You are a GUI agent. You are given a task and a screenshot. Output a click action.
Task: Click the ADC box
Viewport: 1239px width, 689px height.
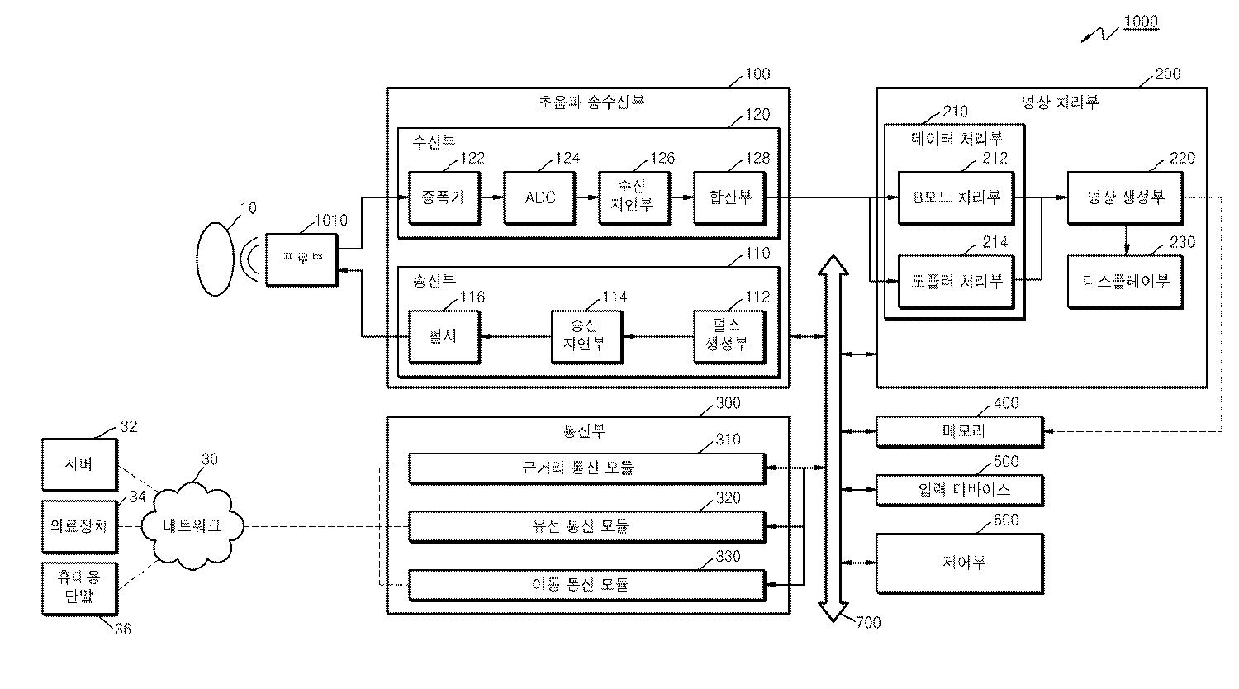pos(540,198)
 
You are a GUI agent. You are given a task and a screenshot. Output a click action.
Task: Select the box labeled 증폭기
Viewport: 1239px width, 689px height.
pos(444,198)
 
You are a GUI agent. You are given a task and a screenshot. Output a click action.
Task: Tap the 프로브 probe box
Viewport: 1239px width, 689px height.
pos(301,260)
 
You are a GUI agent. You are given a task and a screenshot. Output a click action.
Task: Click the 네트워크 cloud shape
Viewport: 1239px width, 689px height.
pos(192,525)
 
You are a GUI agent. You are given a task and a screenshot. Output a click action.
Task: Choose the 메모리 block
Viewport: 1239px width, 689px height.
pos(960,432)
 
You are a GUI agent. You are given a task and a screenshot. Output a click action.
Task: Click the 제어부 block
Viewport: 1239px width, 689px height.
pos(960,563)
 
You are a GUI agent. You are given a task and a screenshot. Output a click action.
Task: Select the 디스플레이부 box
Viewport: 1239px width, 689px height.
pos(1125,282)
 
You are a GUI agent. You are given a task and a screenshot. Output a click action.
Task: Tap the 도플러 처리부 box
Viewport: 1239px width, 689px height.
pos(956,282)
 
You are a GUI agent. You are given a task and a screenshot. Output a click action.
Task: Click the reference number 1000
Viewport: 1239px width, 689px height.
pos(1141,21)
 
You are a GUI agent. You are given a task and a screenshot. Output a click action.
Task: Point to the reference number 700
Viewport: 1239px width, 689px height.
pos(868,623)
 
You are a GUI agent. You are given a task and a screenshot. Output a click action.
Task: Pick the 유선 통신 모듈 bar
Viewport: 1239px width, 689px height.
pos(586,526)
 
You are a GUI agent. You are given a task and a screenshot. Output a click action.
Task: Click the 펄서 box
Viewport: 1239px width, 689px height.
pos(444,337)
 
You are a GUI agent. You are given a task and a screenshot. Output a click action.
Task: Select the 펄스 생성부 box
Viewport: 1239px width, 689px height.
pos(729,337)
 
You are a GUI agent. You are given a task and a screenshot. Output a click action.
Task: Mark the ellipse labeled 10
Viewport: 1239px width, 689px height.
pos(215,259)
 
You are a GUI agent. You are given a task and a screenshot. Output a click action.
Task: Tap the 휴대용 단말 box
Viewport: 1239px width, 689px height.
pos(79,589)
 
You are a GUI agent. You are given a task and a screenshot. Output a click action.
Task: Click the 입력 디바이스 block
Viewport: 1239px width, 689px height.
pos(960,491)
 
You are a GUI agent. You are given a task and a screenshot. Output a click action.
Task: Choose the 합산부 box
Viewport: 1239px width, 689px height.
pos(729,198)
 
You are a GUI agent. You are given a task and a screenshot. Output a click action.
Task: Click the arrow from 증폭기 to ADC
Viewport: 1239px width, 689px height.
pos(491,197)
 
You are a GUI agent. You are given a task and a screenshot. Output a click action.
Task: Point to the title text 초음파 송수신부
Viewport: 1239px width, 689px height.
pos(591,102)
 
